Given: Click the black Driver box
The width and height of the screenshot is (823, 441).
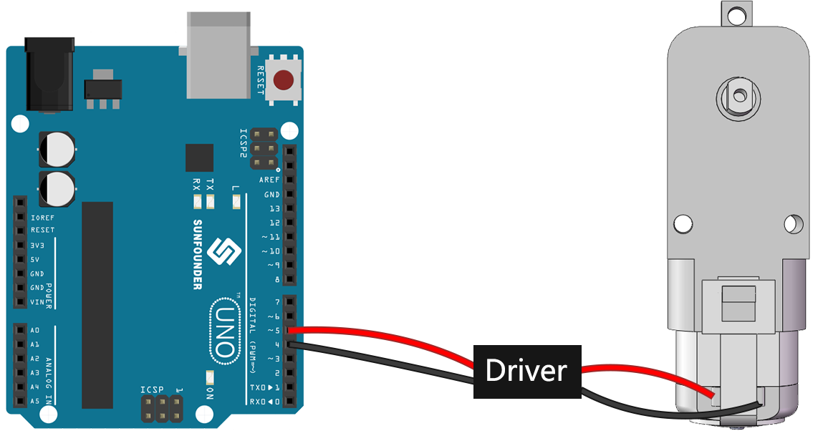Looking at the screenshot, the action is click(527, 372).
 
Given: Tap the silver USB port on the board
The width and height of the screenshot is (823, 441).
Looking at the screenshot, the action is click(218, 56).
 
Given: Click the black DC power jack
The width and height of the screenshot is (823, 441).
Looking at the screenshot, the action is click(50, 74).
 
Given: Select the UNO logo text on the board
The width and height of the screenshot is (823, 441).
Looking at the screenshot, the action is click(225, 331).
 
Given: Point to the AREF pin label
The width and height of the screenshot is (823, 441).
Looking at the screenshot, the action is click(269, 180).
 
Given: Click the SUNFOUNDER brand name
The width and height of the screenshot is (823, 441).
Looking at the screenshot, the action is click(198, 254).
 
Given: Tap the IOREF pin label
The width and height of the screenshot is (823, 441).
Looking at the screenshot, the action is click(42, 218).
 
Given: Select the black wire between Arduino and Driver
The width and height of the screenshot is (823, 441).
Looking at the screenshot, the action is click(380, 361).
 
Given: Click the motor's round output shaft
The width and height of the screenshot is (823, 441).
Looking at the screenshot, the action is click(739, 97).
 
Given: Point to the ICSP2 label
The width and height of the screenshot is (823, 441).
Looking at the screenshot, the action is click(243, 143).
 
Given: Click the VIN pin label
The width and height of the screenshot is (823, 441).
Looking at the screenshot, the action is click(37, 302).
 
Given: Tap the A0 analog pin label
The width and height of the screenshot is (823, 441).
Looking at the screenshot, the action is click(34, 330).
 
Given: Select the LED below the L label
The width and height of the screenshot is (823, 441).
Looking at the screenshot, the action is click(236, 202).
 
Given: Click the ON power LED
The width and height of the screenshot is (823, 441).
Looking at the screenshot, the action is click(210, 377).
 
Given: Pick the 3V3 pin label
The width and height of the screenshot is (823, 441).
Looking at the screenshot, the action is click(37, 246).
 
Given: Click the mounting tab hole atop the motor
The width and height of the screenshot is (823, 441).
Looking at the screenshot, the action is click(736, 15).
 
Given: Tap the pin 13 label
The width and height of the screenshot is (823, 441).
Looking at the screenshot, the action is click(274, 209).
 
